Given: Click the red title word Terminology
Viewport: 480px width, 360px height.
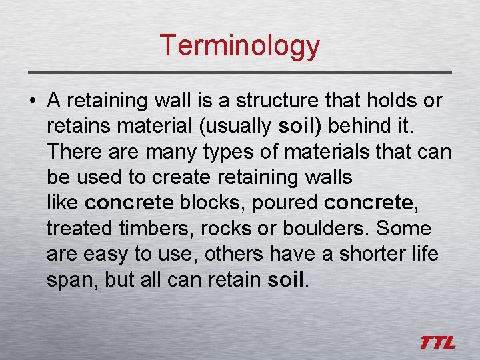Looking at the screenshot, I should (240, 45).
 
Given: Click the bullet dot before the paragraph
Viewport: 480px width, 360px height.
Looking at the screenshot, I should (33, 101).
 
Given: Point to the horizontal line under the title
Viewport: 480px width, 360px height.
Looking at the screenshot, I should (240, 71).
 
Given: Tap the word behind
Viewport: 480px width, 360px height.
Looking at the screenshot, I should (361, 126).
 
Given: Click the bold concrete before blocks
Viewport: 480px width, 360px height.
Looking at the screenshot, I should (130, 203).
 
